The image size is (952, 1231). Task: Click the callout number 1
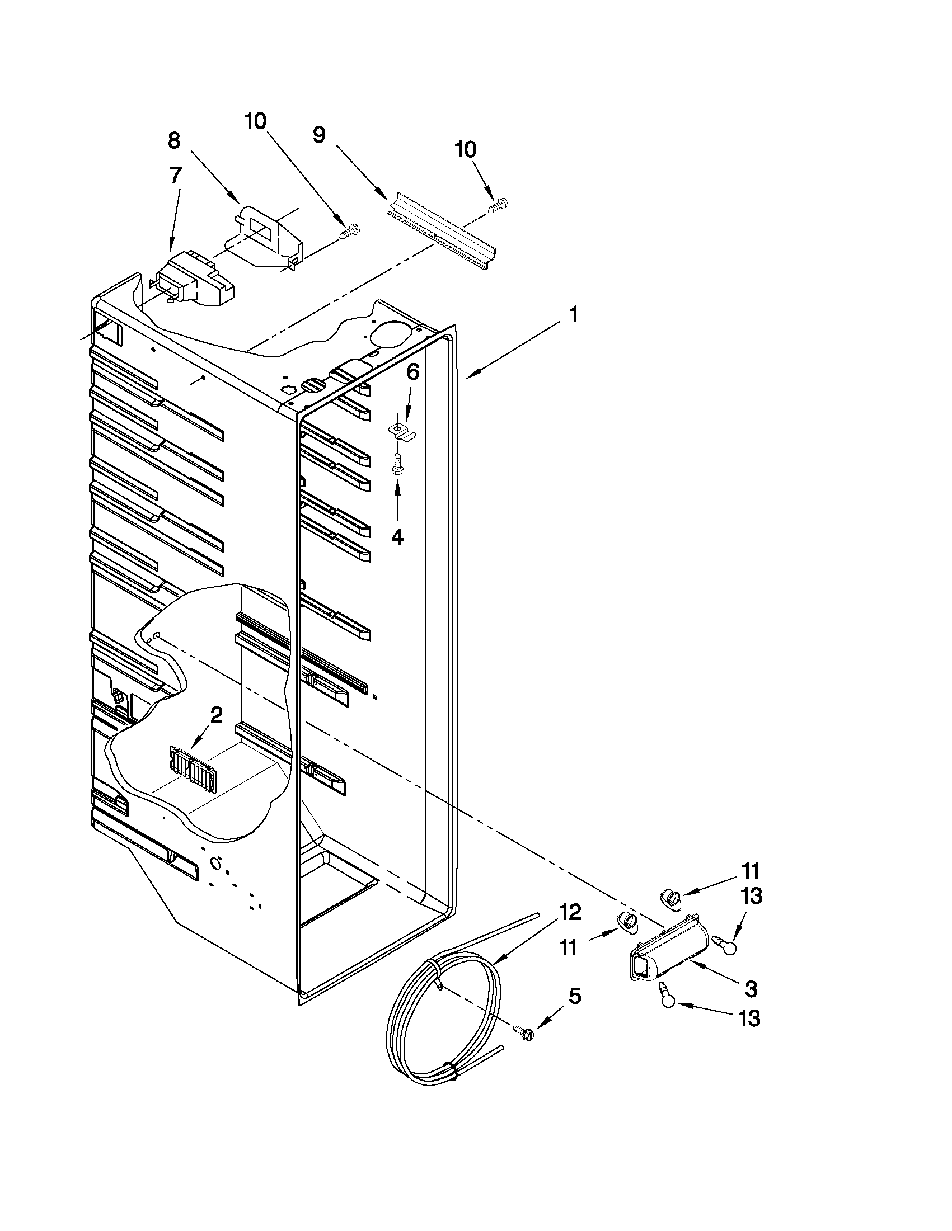pyautogui.click(x=573, y=314)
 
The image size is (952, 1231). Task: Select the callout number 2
pyautogui.click(x=216, y=716)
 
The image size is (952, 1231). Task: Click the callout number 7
pyautogui.click(x=175, y=175)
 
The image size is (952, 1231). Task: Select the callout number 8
pyautogui.click(x=173, y=140)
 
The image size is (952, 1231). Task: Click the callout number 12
pyautogui.click(x=570, y=912)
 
